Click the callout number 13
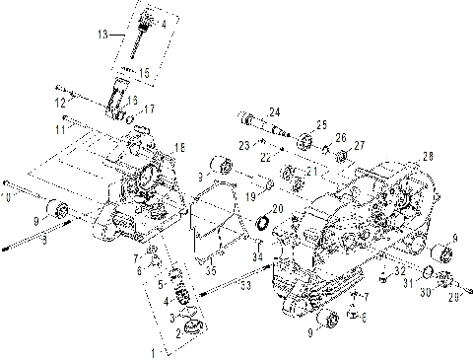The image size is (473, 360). [102, 34]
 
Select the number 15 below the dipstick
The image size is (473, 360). [144, 72]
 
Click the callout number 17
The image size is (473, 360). [150, 108]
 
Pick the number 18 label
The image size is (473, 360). [178, 147]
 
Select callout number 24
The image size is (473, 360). [274, 110]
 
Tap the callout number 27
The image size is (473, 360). [359, 144]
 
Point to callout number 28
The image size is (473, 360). [428, 157]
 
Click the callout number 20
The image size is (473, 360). [277, 208]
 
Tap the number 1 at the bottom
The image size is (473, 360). [153, 352]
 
